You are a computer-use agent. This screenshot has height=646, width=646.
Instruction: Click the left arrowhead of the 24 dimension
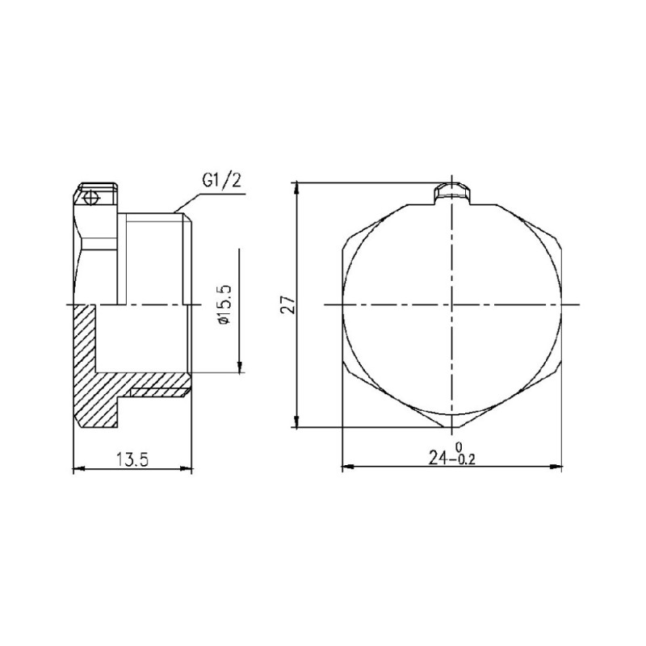click(348, 467)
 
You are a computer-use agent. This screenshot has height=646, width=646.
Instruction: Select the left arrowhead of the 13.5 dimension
click(79, 468)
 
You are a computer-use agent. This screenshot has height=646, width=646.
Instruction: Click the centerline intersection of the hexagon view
click(452, 304)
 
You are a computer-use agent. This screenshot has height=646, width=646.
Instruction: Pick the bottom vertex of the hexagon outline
click(452, 427)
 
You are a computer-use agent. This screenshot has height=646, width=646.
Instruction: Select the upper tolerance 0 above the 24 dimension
click(459, 447)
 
